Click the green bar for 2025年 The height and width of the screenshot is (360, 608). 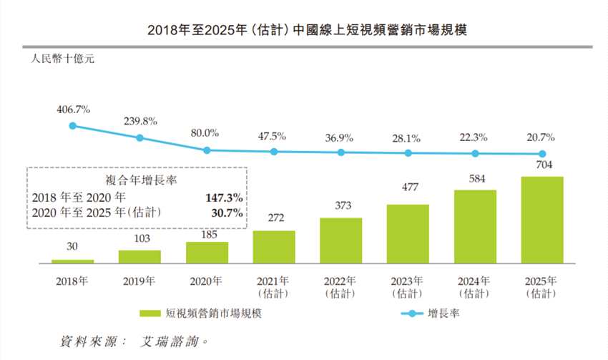tap(542, 221)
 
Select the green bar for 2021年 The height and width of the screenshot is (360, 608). tap(274, 248)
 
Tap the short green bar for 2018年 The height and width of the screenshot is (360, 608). tap(73, 262)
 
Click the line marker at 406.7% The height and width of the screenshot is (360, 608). tap(73, 125)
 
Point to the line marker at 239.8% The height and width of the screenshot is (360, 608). tap(140, 137)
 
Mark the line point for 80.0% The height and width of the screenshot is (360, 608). tap(207, 150)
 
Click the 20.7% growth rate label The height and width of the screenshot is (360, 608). tap(542, 137)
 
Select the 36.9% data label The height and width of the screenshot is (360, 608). tap(340, 136)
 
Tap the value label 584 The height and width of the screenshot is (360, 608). tap(475, 178)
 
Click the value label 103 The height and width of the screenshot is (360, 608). tap(139, 238)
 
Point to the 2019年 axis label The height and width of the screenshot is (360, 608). tap(139, 281)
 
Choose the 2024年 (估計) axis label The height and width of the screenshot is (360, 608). tap(475, 286)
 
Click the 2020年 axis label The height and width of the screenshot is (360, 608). tap(207, 281)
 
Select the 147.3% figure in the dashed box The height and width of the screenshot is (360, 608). tap(225, 197)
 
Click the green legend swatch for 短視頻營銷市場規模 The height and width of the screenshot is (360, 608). tap(149, 313)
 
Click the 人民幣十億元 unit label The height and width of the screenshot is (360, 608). tap(62, 59)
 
